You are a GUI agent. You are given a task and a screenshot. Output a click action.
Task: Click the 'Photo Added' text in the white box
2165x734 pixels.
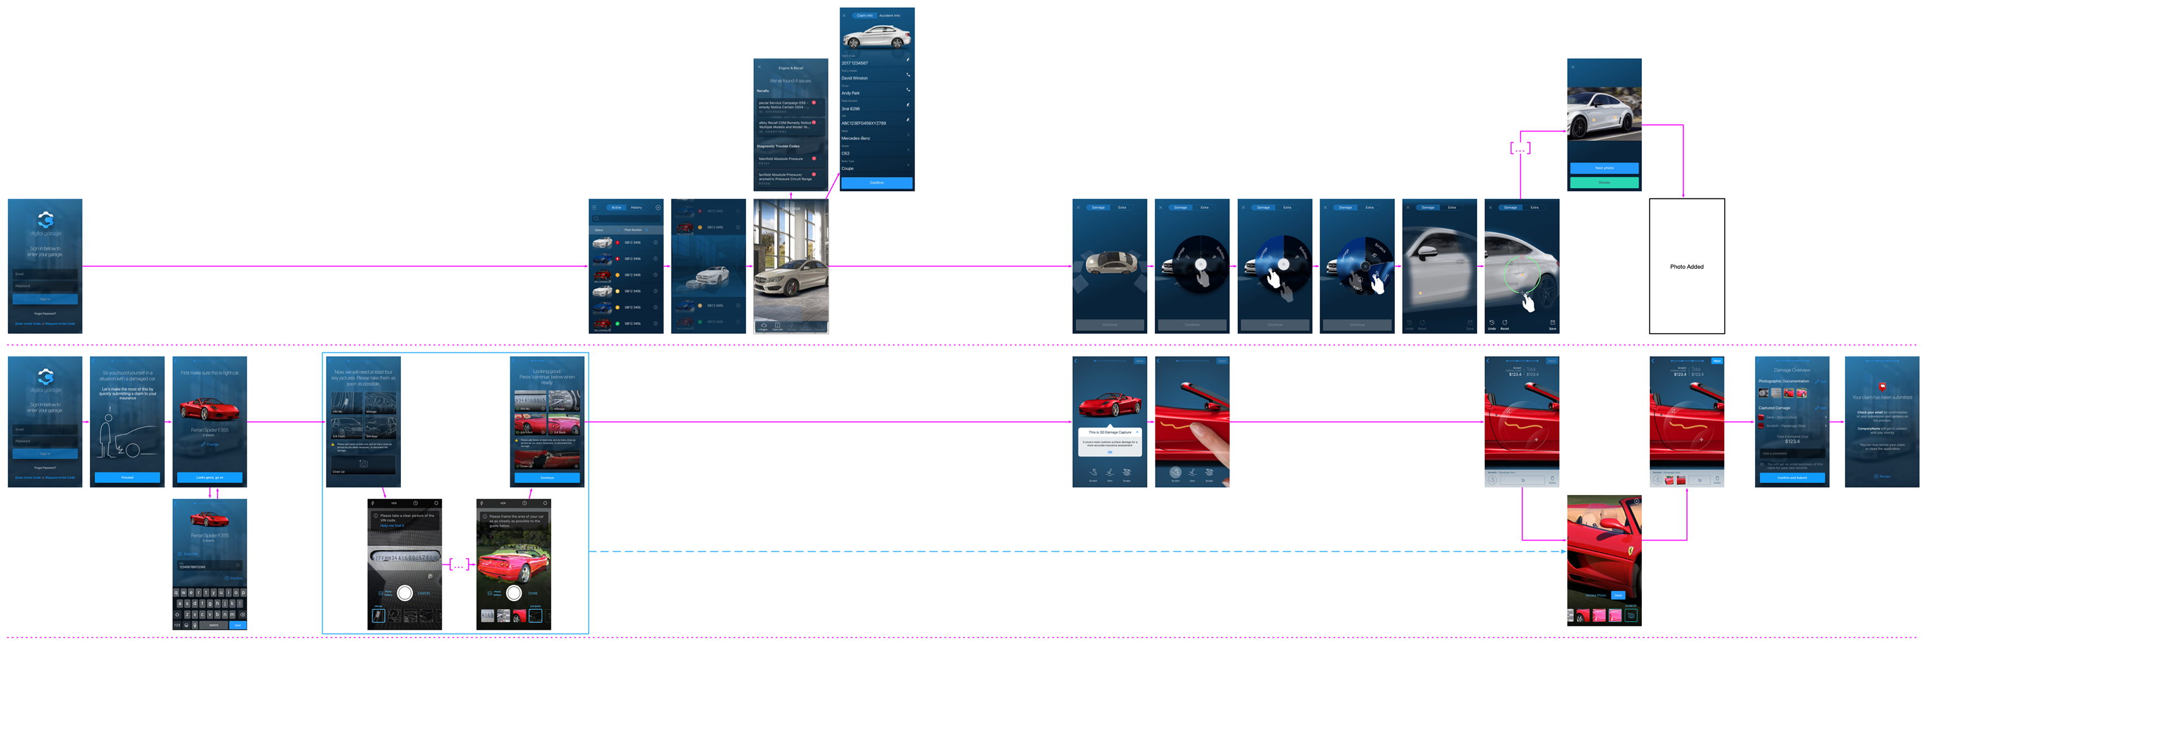point(1686,267)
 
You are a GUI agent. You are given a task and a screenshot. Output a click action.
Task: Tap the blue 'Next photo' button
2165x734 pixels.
point(1603,168)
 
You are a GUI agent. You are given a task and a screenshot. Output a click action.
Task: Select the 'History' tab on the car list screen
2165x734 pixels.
point(636,207)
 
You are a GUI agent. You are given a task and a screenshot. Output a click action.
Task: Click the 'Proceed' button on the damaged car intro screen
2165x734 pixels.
point(127,477)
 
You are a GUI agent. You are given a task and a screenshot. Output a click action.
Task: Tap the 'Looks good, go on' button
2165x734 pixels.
point(209,477)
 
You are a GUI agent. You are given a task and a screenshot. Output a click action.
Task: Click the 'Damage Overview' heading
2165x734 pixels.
point(1791,370)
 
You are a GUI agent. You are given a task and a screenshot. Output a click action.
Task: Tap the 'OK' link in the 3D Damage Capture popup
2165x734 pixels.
point(1110,452)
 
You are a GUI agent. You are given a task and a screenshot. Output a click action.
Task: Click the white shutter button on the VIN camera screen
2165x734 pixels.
point(404,592)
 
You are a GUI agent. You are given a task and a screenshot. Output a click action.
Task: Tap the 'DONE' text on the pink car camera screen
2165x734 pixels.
point(533,592)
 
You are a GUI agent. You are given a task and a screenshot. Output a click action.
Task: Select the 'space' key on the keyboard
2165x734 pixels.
point(214,625)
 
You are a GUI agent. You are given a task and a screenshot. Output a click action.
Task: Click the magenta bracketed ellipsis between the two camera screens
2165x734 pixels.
point(459,565)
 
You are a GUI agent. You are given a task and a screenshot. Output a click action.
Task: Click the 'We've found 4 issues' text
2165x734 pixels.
point(790,81)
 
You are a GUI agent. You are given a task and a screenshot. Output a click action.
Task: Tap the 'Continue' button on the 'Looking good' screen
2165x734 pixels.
point(547,477)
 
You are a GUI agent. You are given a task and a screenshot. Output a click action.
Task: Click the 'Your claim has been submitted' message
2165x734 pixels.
point(1882,397)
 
